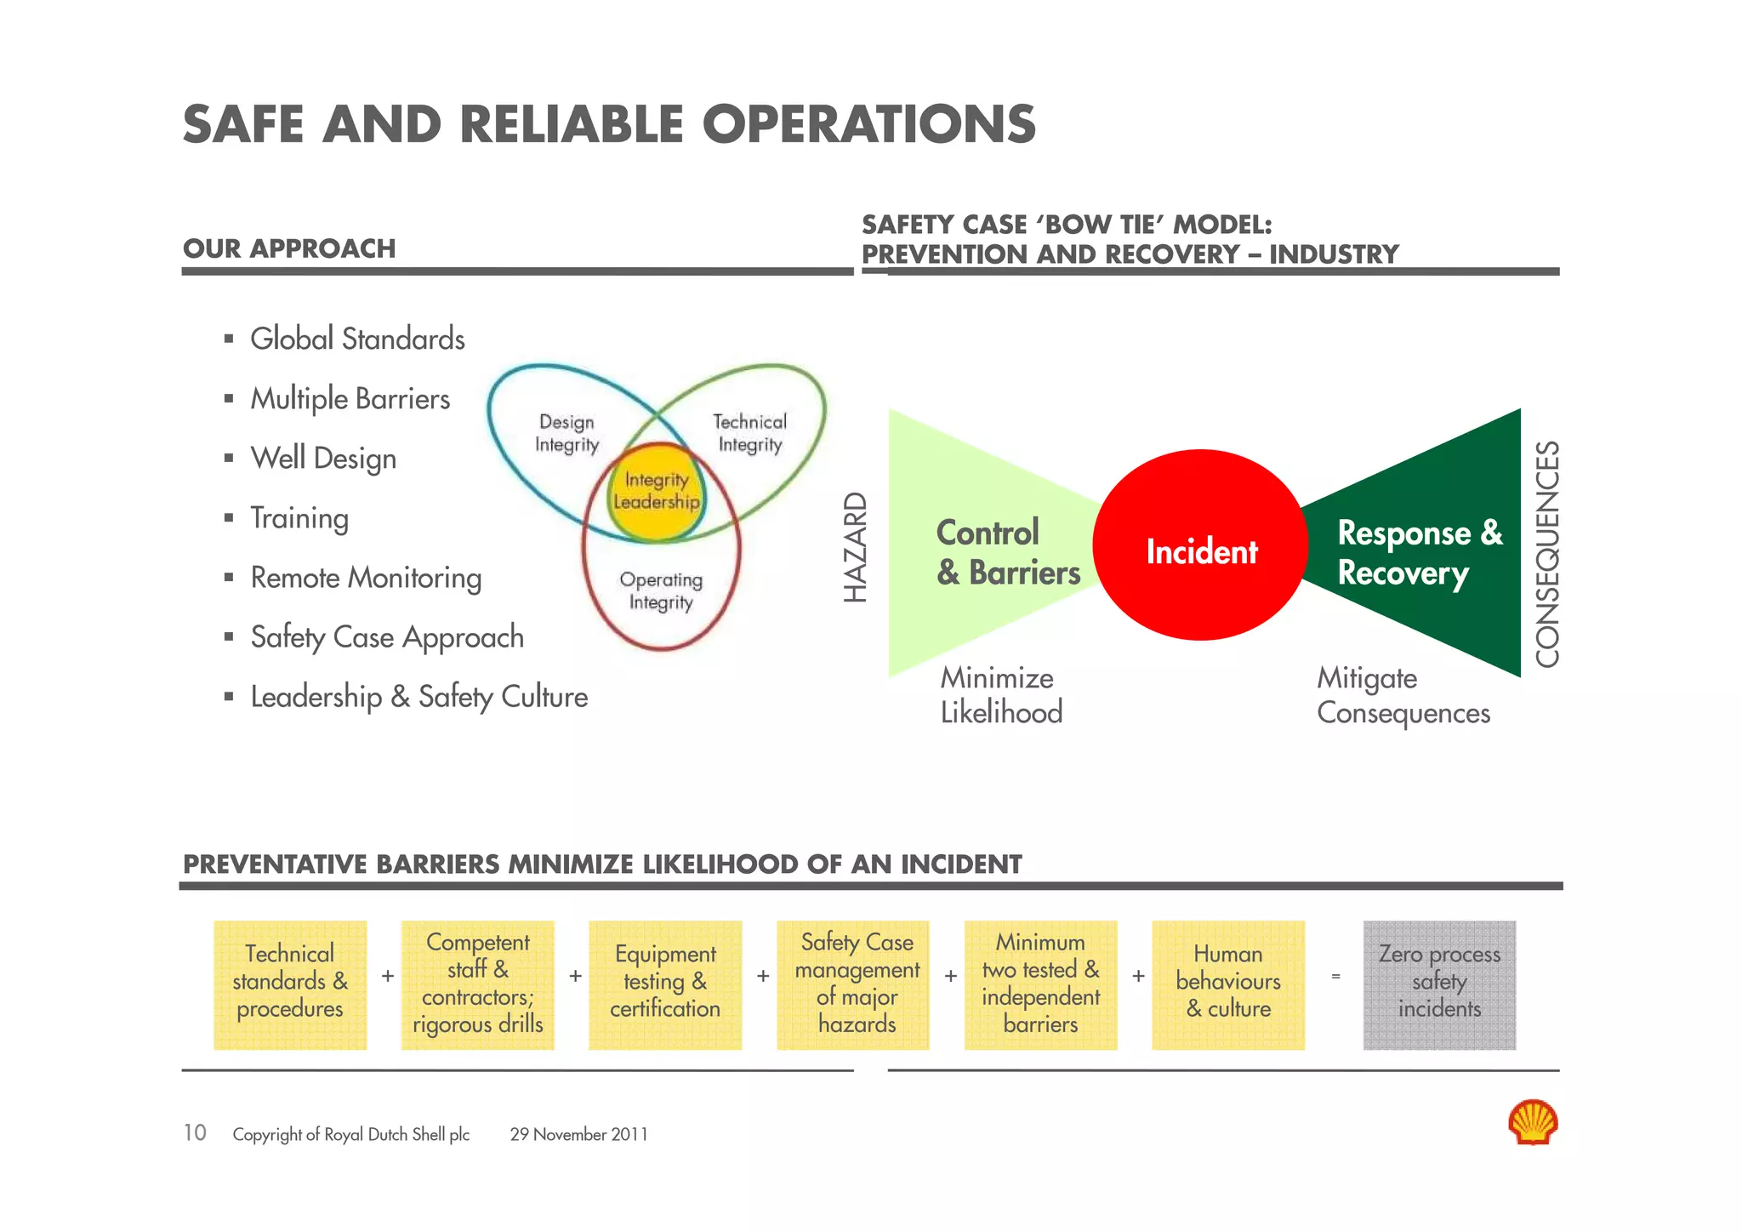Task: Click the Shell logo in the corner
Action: click(1532, 1122)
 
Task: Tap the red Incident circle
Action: click(1200, 545)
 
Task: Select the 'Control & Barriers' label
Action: click(1008, 553)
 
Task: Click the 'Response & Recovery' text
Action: click(1420, 553)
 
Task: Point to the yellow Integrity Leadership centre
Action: click(656, 492)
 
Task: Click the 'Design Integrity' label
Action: click(566, 433)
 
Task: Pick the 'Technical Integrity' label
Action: click(749, 433)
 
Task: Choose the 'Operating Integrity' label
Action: click(661, 591)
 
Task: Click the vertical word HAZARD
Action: click(856, 548)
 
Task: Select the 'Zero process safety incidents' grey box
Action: click(1439, 984)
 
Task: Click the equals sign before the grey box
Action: click(1335, 977)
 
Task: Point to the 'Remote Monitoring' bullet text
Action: click(366, 578)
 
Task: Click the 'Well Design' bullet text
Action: click(323, 459)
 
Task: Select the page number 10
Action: click(195, 1133)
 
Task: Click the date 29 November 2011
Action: click(578, 1135)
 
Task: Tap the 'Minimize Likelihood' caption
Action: click(1001, 695)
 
